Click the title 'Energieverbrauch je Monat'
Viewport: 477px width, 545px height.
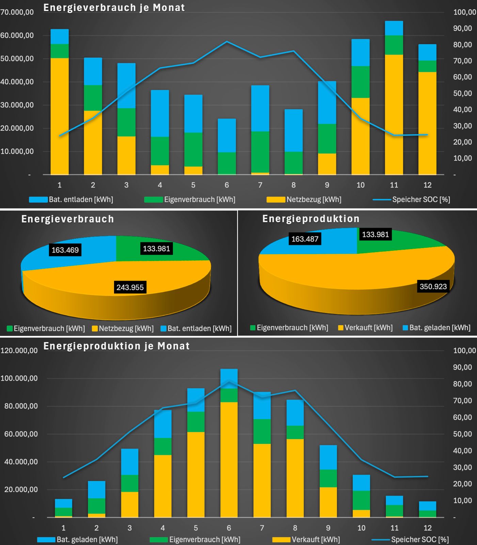[114, 7]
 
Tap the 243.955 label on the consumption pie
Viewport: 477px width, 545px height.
[130, 287]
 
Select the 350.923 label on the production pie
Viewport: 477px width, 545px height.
[433, 286]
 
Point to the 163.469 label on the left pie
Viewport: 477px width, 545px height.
[65, 250]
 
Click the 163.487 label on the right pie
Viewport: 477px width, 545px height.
[305, 239]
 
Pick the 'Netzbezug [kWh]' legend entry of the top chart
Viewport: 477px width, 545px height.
[304, 200]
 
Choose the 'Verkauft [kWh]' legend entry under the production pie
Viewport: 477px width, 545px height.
[365, 328]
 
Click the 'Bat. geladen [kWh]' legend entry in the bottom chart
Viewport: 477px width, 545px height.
[78, 540]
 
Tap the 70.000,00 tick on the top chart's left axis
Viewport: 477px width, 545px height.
[17, 12]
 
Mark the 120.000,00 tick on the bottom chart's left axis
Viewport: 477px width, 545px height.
[19, 351]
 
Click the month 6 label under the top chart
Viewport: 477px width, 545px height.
[227, 185]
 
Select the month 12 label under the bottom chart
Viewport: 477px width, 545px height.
[427, 528]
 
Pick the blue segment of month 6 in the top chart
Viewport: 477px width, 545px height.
[227, 135]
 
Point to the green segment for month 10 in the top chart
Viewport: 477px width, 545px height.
[361, 82]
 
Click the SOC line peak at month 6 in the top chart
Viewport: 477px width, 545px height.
[227, 42]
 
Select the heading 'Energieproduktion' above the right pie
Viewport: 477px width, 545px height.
[311, 219]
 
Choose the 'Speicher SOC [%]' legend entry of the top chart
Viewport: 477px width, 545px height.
[412, 200]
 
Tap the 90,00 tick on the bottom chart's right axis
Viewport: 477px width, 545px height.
[462, 367]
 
